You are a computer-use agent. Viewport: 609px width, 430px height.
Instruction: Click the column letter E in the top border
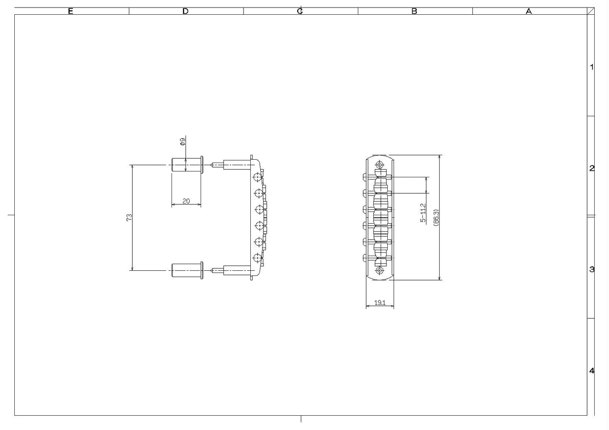70,11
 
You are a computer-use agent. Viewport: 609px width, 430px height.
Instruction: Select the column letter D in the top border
185,11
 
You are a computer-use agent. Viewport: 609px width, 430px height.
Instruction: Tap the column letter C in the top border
300,11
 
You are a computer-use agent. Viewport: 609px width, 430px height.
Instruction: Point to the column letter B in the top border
414,11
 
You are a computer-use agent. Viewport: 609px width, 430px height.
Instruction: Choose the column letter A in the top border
529,11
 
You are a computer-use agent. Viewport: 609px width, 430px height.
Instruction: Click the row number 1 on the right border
592,67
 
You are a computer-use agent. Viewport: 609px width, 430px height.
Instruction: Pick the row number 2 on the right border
592,168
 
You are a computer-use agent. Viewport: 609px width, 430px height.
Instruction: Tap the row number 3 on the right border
592,270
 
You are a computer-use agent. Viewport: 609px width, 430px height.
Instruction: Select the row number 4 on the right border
592,371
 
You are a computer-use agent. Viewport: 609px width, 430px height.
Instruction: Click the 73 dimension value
129,218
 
